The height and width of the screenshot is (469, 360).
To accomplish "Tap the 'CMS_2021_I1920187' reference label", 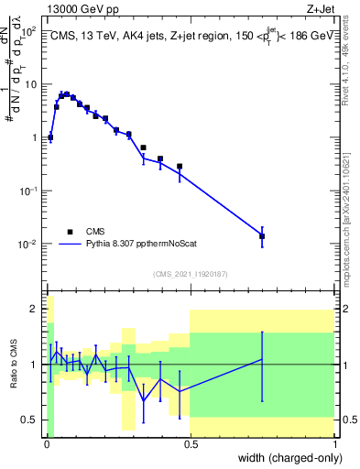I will (x=190, y=274).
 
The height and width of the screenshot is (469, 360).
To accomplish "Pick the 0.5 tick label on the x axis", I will (x=191, y=444).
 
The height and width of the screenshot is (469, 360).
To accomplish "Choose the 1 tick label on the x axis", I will (x=334, y=444).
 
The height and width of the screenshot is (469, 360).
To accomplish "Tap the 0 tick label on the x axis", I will (x=46, y=444).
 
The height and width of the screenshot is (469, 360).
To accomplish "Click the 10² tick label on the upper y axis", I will (x=29, y=30).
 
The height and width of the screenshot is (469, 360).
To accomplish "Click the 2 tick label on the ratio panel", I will (x=34, y=310).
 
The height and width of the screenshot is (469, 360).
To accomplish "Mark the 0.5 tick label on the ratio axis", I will (x=30, y=420).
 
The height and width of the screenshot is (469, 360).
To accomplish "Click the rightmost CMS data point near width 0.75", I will (x=262, y=236).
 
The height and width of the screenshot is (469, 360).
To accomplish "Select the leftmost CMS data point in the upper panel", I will (x=50, y=137).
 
